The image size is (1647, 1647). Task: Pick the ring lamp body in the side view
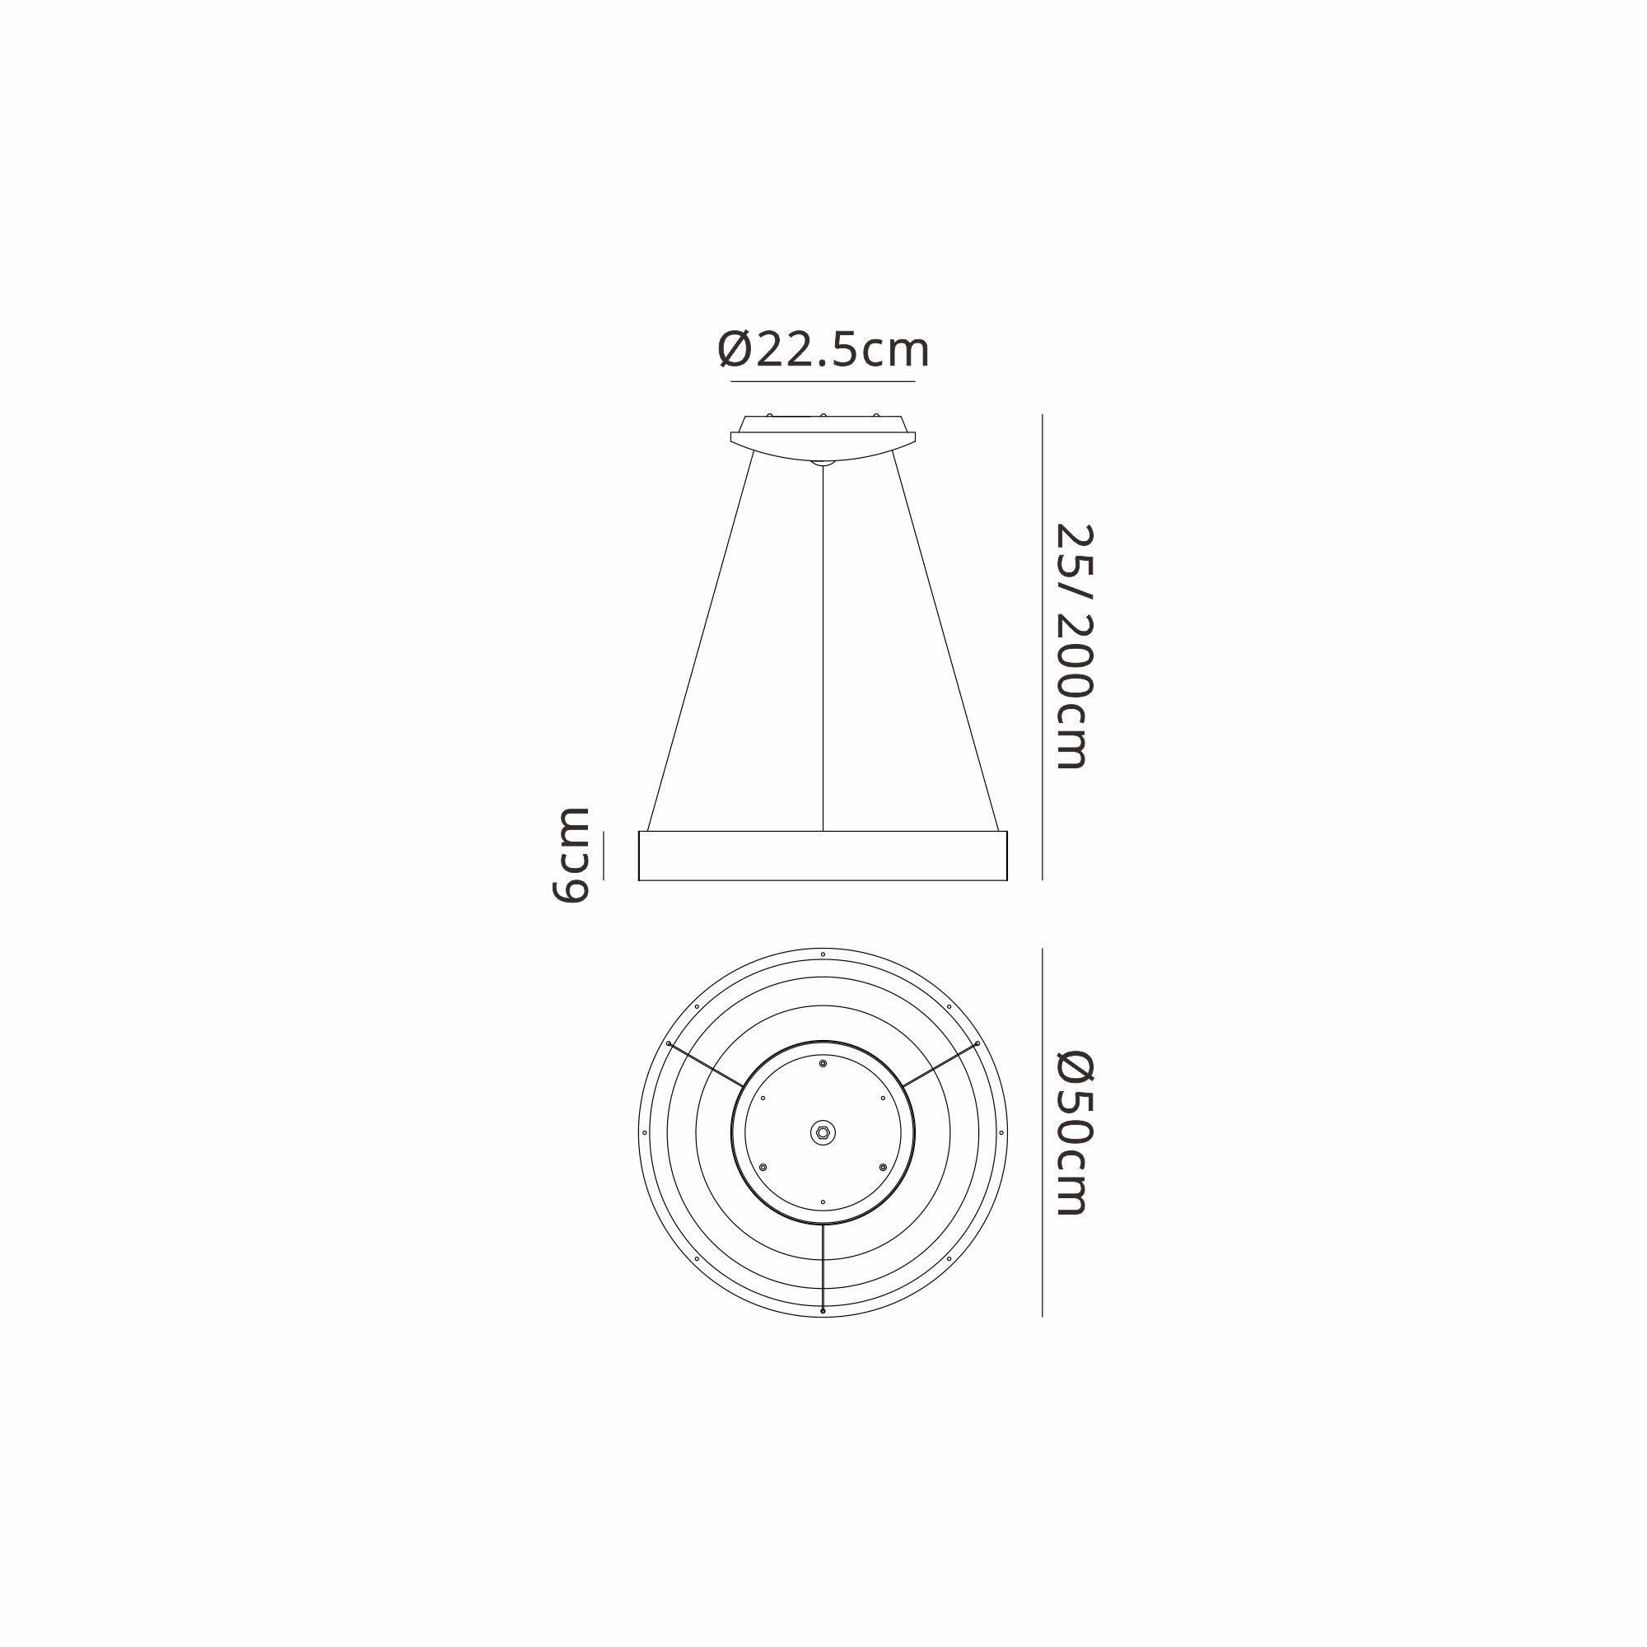tap(823, 855)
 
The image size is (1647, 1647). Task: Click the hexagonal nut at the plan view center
tap(823, 1132)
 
